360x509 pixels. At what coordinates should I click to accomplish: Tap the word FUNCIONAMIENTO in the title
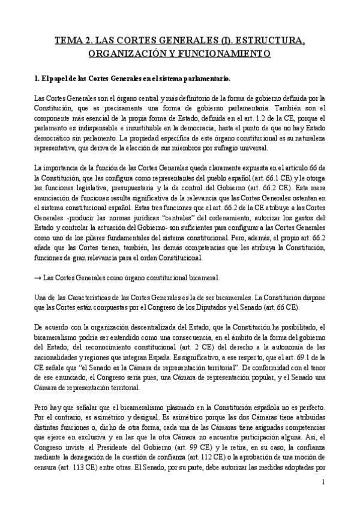click(x=214, y=53)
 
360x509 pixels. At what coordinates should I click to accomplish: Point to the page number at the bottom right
click(x=322, y=482)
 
